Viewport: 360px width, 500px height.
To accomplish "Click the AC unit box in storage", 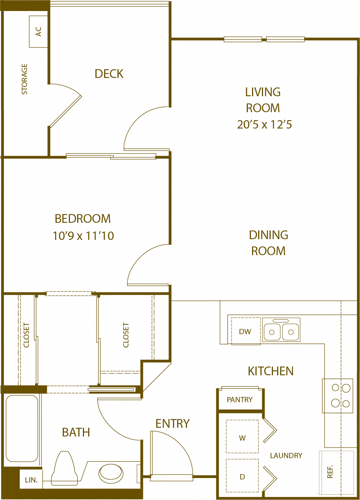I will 38,32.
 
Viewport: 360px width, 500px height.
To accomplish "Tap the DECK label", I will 109,74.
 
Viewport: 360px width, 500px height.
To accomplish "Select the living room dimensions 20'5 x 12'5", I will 264,125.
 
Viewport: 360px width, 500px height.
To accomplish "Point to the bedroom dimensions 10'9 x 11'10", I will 83,236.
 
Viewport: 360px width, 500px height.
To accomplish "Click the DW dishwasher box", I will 246,331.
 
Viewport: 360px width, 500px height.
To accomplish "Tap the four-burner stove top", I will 337,396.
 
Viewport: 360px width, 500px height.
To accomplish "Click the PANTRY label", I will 239,400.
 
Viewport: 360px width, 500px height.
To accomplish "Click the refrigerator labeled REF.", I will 331,471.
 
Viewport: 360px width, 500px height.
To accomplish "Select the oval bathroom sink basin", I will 111,473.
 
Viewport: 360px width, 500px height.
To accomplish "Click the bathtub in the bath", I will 22,428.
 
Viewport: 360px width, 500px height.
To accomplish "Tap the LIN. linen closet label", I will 31,480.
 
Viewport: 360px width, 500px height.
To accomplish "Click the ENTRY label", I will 173,423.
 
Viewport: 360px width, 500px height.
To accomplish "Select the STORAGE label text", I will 25,79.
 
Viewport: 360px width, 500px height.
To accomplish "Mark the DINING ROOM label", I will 268,243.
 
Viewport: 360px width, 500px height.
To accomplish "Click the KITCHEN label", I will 271,371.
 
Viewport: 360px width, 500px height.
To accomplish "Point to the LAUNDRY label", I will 286,456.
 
